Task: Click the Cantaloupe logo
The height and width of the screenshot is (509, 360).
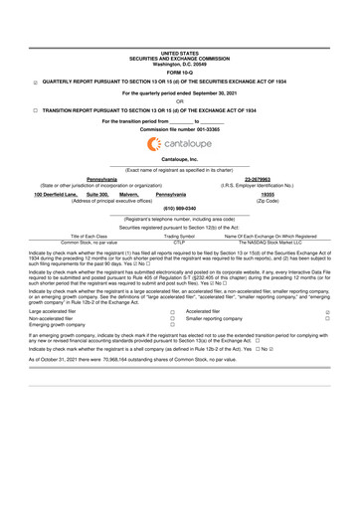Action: pos(179,144)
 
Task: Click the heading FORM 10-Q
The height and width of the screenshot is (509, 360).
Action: pos(179,72)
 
